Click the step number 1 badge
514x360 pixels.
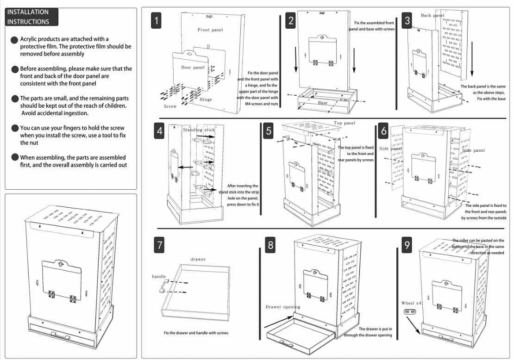coord(157,21)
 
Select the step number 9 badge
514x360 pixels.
coord(407,245)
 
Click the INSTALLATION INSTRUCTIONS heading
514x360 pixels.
coord(32,17)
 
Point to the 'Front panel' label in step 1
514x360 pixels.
coord(210,30)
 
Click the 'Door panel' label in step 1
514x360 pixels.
coord(193,68)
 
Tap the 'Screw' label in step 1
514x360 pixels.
coord(170,106)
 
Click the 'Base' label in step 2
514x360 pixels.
coord(323,103)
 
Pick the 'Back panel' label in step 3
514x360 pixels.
coord(433,16)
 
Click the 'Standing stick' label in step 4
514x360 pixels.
coord(199,130)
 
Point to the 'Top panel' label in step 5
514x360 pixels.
coord(345,124)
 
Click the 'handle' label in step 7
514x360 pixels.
coord(159,277)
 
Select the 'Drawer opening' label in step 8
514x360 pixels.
coord(283,307)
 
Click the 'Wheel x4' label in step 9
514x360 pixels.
coord(411,303)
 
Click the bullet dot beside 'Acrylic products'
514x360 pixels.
coord(15,40)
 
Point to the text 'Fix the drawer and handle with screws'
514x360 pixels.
coord(196,333)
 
